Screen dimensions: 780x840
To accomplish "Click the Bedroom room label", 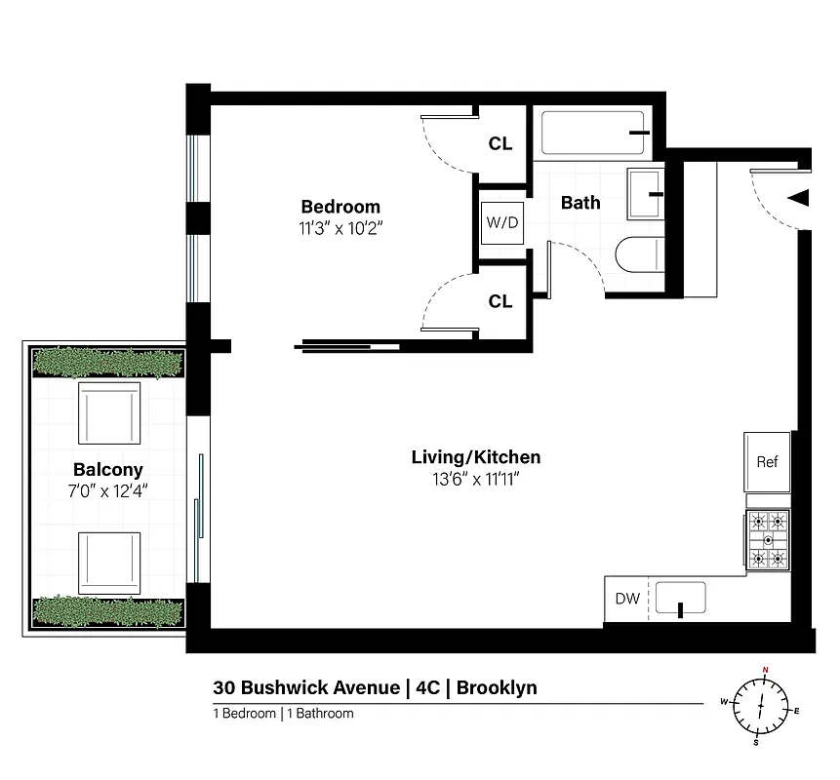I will (340, 207).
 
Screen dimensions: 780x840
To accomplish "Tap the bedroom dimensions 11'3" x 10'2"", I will (340, 230).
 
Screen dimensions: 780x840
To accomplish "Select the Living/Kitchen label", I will (475, 457).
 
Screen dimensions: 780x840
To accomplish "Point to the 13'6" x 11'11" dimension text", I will (475, 480).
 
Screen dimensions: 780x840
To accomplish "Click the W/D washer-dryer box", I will (502, 222).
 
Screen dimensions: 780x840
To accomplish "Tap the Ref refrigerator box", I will (767, 461).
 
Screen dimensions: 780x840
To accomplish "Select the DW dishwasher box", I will (627, 599).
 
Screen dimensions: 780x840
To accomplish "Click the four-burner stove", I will (768, 539).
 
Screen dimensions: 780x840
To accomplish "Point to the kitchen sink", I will (680, 598).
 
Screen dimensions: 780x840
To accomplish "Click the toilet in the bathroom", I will (639, 255).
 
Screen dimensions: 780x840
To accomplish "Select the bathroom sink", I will (646, 194).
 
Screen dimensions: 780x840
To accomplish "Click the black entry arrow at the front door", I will (798, 198).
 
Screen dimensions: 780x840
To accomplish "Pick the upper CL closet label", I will (500, 144).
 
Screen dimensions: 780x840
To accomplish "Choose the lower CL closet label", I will (500, 302).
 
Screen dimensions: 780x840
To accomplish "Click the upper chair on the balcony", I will (108, 412).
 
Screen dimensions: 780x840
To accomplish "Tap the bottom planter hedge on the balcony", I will (108, 611).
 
